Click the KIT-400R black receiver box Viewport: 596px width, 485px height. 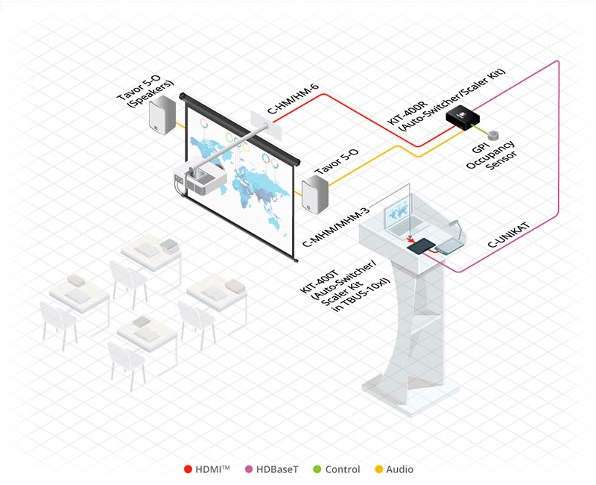(x=462, y=117)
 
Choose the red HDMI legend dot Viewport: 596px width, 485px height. (x=188, y=469)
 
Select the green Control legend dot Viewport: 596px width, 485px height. (x=318, y=469)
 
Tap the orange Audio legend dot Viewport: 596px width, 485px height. (x=378, y=469)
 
